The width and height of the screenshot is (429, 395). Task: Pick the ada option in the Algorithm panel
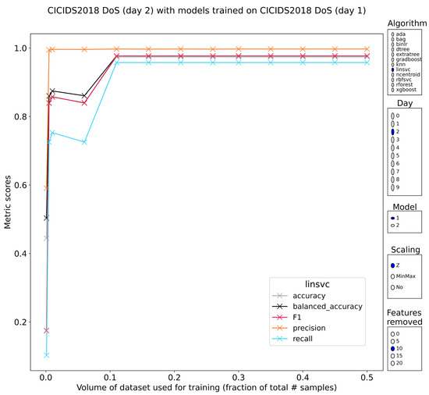point(392,34)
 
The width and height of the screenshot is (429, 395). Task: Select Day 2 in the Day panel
point(393,132)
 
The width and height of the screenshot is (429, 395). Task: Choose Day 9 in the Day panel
point(393,188)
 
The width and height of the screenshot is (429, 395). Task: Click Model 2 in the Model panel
point(393,226)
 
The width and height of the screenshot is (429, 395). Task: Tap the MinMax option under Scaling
point(393,276)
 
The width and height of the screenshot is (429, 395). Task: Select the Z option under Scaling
point(393,265)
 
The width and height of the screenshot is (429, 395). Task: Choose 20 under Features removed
point(393,363)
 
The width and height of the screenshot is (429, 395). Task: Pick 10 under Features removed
point(393,348)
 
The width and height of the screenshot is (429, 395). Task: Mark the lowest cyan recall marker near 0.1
point(46,355)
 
